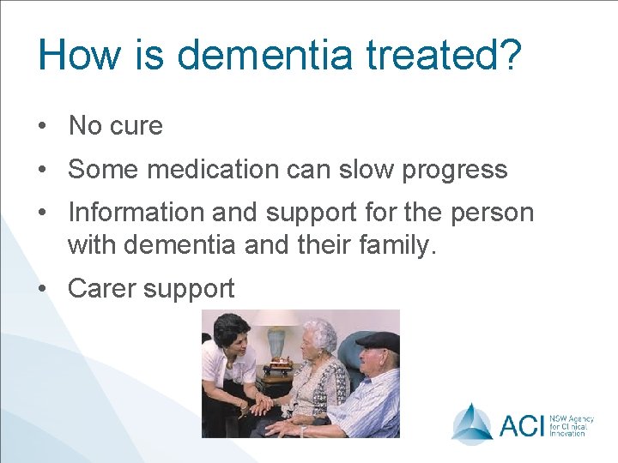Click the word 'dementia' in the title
point(264,54)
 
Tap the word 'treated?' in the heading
point(444,54)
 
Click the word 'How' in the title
point(77,54)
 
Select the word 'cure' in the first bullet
point(136,126)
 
